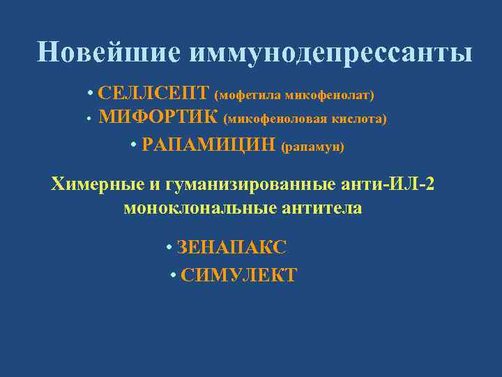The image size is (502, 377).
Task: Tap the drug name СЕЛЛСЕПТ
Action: (x=153, y=93)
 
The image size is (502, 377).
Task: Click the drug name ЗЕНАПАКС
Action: (x=232, y=247)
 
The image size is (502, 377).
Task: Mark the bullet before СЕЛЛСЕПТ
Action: (x=91, y=94)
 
